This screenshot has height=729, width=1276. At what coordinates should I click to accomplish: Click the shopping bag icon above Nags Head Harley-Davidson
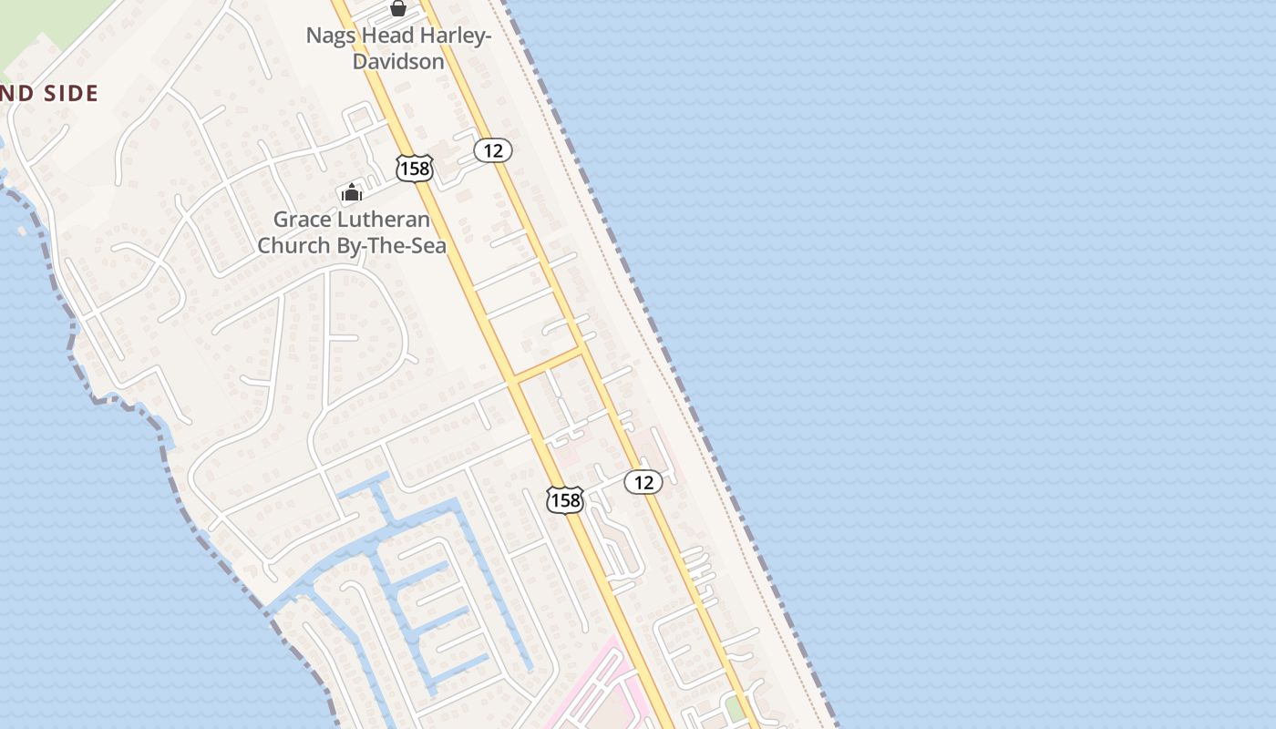click(x=398, y=8)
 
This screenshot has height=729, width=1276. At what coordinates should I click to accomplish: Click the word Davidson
click(x=398, y=61)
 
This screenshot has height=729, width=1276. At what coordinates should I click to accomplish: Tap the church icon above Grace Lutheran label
click(x=352, y=191)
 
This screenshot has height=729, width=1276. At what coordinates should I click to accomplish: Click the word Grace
click(x=301, y=220)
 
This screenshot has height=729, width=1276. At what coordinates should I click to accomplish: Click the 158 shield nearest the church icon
click(x=414, y=168)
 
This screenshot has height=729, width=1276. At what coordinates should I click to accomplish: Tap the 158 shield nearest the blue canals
click(x=565, y=499)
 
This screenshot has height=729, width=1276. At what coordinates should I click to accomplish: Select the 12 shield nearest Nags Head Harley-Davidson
click(x=493, y=150)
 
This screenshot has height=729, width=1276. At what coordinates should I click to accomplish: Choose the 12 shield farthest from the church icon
click(x=643, y=482)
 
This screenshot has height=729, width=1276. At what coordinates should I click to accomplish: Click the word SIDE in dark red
click(x=67, y=93)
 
